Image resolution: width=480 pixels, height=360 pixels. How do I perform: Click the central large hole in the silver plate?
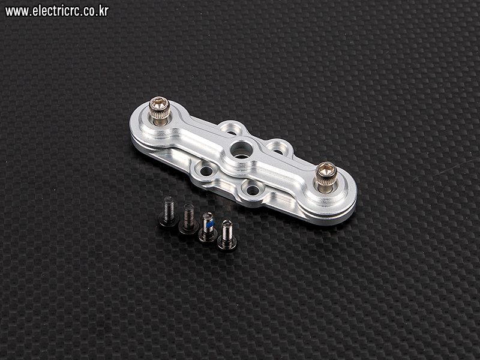241,149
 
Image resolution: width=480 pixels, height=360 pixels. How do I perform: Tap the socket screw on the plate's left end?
159,111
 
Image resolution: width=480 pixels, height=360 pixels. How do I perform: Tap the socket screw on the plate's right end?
326,177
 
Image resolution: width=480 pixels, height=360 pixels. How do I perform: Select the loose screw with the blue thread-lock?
208,227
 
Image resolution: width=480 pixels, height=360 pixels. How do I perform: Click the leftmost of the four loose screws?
169,212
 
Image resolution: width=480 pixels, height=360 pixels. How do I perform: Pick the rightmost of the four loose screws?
227,236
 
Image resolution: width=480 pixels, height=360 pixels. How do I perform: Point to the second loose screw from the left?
188,219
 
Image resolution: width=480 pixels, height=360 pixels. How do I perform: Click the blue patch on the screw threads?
209,225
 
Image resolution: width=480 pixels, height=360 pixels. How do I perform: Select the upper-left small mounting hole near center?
232,131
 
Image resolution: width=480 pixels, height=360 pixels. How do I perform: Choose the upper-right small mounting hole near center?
277,151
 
